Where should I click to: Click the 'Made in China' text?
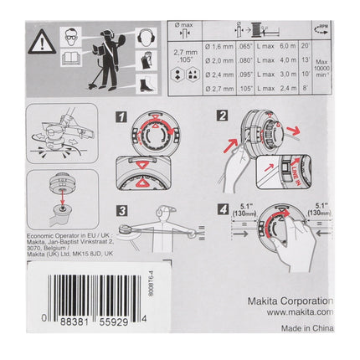click(x=305, y=331)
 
